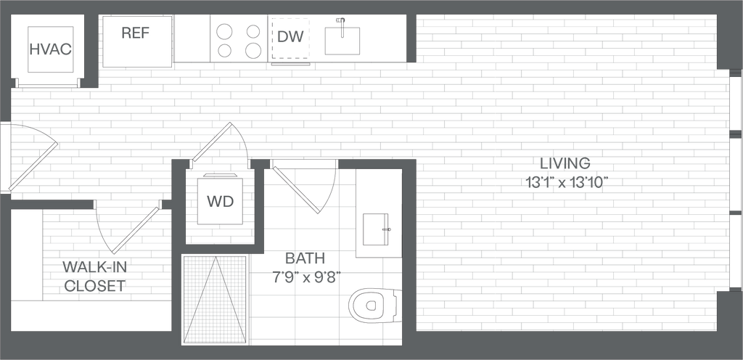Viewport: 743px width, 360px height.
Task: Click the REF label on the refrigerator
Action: coord(136,33)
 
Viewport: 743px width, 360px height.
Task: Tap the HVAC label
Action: coord(50,50)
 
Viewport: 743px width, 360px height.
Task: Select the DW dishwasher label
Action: coord(291,36)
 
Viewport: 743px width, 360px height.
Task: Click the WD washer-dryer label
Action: coord(220,201)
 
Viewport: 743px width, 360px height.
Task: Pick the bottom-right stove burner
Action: coord(253,51)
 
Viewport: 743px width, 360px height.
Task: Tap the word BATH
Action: coord(305,258)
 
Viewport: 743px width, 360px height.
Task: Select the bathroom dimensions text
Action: coord(305,277)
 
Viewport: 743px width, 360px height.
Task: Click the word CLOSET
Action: coord(94,286)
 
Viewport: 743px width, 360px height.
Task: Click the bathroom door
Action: coord(297,190)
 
